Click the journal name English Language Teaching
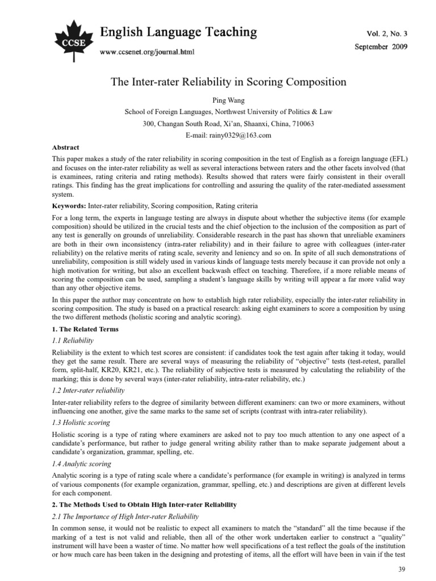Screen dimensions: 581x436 tap(178, 32)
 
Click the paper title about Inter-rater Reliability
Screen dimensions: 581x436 tap(228, 82)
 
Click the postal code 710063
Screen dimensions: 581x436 tap(303, 123)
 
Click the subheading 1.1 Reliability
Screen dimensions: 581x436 tap(73, 340)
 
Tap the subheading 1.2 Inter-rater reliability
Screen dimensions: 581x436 tap(88, 390)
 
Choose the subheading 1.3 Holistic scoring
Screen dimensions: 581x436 tap(81, 422)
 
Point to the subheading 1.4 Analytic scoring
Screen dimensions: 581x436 tap(82, 464)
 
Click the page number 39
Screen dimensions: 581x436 tap(403, 569)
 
